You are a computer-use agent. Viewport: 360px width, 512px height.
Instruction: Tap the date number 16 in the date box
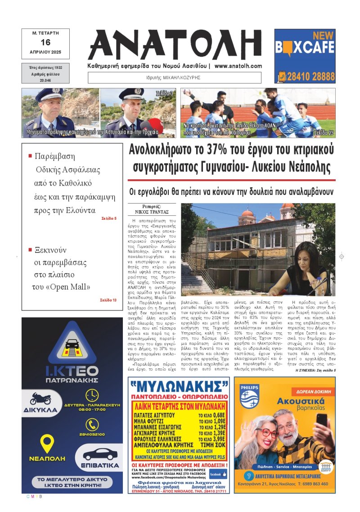(x=45, y=42)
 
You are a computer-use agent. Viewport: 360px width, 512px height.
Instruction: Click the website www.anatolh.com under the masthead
(x=238, y=66)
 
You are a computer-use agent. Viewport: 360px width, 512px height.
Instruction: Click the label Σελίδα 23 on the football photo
(x=324, y=133)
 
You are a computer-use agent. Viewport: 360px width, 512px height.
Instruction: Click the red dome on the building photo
(x=247, y=213)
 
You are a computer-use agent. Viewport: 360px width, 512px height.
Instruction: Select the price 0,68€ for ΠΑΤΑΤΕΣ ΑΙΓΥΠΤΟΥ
(x=219, y=415)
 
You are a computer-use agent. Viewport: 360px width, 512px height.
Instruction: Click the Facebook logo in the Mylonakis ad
(x=218, y=474)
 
